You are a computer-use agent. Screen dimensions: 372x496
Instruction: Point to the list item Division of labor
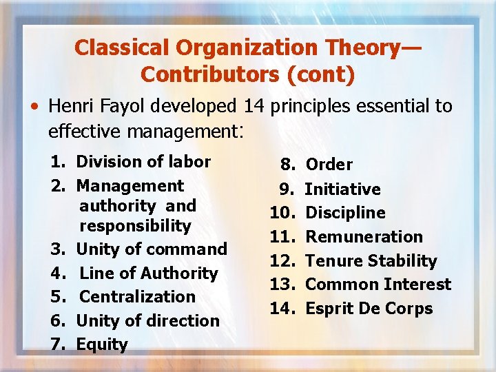coord(143,162)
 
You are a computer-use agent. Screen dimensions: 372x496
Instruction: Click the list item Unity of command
coord(152,249)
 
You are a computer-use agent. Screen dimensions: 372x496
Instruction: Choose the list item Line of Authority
coord(149,273)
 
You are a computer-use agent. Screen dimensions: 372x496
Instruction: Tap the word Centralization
coord(138,296)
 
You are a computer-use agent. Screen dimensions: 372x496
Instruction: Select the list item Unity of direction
coord(147,320)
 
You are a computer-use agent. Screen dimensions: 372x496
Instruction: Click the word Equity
coord(102,344)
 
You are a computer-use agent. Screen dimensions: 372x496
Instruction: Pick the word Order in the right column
coord(329,165)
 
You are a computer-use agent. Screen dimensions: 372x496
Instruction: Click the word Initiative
coord(342,189)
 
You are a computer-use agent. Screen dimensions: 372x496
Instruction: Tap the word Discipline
coord(345,212)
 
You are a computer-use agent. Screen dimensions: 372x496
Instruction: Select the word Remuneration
coord(364,236)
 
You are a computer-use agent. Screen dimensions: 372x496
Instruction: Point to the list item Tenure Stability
coord(371,260)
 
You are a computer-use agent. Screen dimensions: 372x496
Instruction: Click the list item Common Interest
coord(378,285)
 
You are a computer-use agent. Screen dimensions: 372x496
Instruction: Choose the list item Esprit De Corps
coord(369,308)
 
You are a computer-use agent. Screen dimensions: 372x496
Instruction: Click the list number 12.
coord(281,260)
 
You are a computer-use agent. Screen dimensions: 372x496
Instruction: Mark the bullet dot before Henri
coord(33,107)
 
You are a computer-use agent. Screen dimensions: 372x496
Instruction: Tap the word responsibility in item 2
coord(135,225)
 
